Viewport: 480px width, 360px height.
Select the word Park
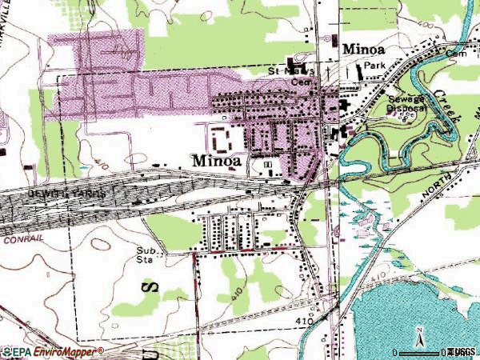coord(374,66)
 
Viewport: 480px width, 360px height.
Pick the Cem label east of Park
coord(456,54)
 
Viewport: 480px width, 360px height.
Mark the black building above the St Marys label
coord(299,61)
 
